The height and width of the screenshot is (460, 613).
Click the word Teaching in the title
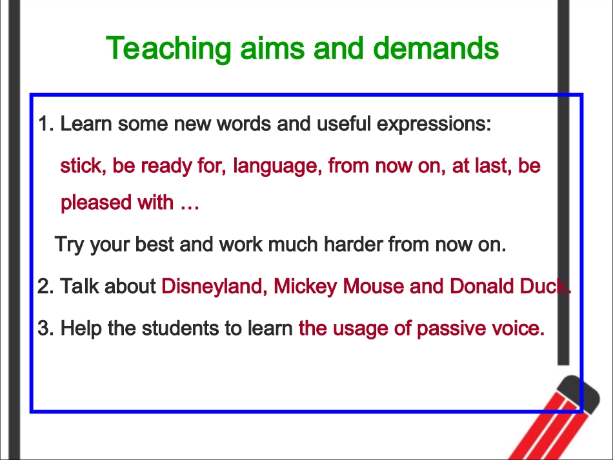coord(168,49)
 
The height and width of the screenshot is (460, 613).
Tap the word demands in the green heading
coord(436,48)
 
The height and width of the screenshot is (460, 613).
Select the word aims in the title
coord(272,48)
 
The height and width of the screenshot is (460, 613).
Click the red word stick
coord(83,165)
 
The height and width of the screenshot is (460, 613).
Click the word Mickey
coord(305,287)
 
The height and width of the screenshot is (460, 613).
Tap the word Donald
coord(481,286)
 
